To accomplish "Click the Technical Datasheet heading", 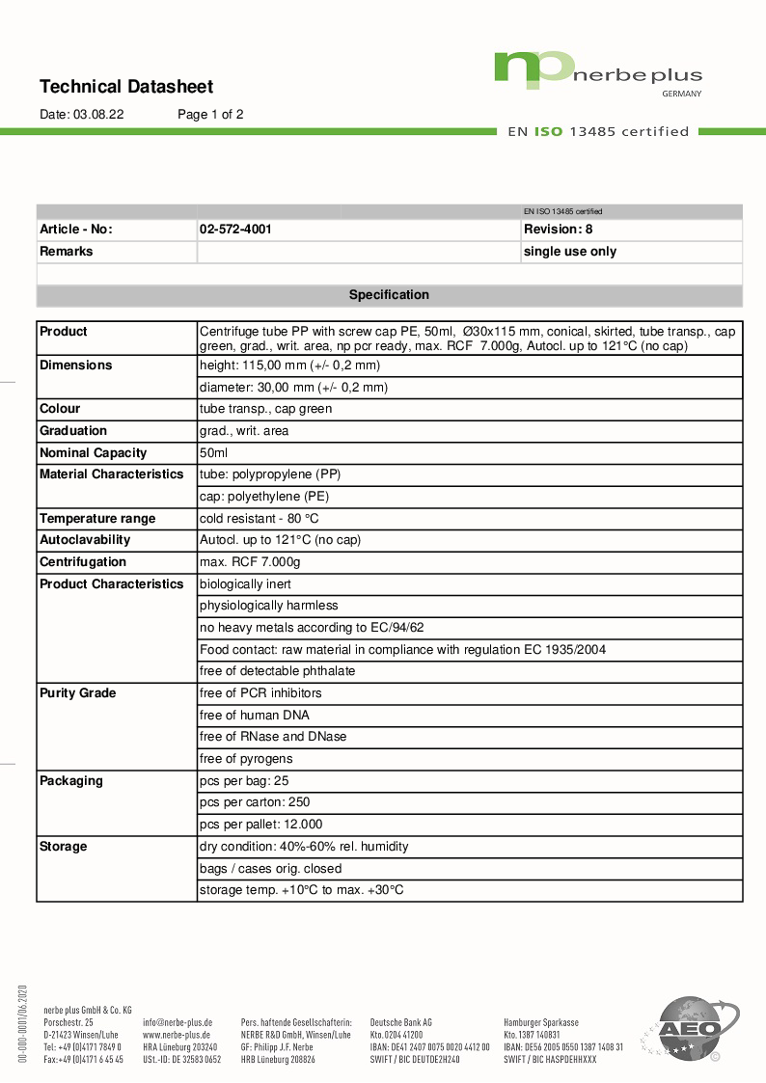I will (126, 87).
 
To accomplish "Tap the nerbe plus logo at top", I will (598, 72).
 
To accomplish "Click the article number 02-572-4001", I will (235, 230).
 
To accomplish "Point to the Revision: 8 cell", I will (558, 230).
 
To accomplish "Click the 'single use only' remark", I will (569, 252).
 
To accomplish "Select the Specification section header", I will (389, 295).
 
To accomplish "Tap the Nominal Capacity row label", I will (94, 452).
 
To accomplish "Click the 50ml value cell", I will (213, 452).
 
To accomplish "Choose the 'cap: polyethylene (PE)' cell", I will (264, 496).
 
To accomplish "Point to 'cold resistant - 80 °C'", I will (259, 518).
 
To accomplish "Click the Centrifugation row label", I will (83, 561).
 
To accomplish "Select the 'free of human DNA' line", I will (255, 715).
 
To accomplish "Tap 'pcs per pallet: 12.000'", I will (260, 825).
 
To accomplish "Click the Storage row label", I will (64, 846).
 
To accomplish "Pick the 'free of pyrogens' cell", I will (246, 759).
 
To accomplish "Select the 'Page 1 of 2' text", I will (210, 114).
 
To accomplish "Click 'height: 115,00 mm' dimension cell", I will (289, 366).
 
